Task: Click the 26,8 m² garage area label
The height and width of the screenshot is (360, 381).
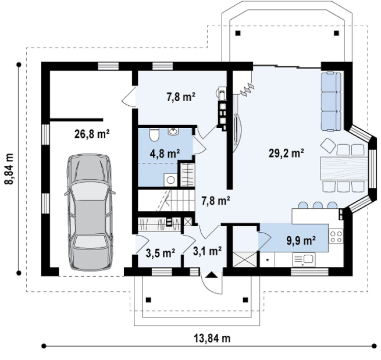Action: coord(92,134)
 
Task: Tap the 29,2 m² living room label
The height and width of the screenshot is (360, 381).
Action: coord(286,154)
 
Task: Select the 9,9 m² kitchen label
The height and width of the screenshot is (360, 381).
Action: coord(301,240)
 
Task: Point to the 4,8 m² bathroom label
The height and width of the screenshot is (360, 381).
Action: coord(165,154)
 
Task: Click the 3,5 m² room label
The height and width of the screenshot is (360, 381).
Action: coord(161,253)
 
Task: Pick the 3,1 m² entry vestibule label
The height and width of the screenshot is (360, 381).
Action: coord(207,251)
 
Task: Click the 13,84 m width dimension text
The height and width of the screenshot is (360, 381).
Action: coord(212,338)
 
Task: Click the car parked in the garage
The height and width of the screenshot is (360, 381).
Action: coord(90,212)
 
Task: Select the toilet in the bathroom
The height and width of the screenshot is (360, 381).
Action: coord(154,134)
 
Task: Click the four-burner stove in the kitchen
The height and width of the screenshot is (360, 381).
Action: coord(336,236)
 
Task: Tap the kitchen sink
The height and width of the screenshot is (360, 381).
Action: coord(304,259)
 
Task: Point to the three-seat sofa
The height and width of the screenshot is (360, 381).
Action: coord(331,102)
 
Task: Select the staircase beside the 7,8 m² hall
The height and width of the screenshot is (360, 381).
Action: coord(167,200)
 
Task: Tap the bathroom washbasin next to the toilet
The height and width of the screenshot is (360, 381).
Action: coord(173,131)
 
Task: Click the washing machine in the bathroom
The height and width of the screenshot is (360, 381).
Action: coord(170,180)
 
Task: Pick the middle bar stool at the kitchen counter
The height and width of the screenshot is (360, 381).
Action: coord(318,205)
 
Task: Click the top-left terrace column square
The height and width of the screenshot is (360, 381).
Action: coord(238,33)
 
